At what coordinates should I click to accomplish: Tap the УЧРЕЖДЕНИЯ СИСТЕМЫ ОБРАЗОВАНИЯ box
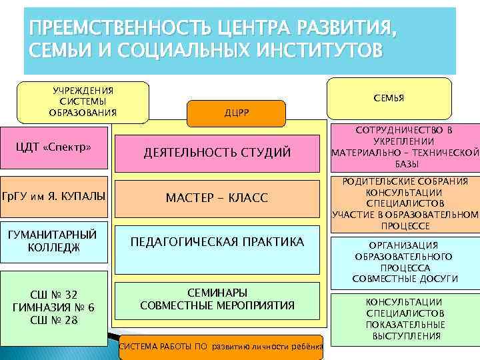83,102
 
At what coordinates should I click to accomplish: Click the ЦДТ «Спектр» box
53,147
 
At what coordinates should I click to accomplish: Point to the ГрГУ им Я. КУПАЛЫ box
53,197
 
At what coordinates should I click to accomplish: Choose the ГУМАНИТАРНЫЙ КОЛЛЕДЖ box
53,241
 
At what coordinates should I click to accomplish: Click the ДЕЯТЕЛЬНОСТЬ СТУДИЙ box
217,153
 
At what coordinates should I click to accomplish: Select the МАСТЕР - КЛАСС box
217,198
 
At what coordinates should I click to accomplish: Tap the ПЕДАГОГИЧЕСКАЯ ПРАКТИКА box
217,242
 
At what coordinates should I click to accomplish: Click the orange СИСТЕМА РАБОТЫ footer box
220,348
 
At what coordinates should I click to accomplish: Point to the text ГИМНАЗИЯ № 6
53,307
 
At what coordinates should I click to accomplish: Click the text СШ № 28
53,320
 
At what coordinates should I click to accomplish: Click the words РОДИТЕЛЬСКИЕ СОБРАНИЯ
406,181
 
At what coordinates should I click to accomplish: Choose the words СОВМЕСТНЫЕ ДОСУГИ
405,278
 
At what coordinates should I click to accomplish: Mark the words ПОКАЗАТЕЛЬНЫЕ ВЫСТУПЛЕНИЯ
405,330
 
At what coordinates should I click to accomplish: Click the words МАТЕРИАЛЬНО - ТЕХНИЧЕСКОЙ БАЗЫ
406,158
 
